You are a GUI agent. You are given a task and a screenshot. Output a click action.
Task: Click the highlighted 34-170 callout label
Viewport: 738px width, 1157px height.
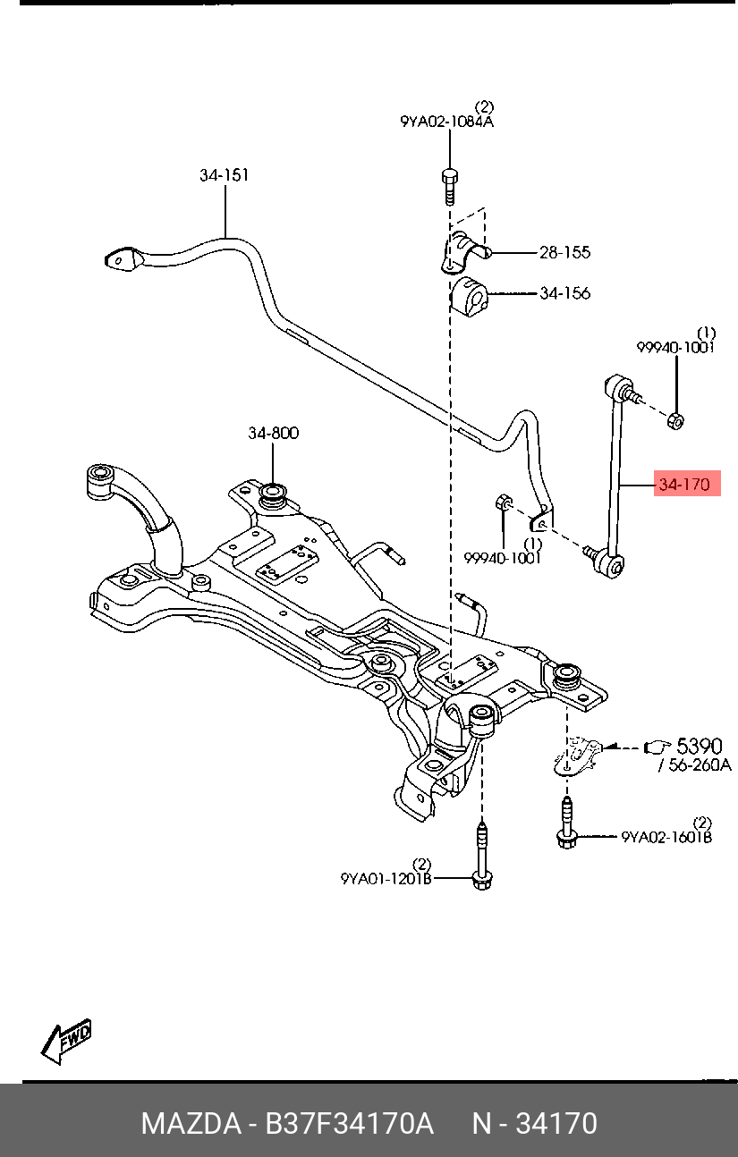(686, 484)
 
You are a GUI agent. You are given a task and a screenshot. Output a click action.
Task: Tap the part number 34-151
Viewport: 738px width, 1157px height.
(225, 175)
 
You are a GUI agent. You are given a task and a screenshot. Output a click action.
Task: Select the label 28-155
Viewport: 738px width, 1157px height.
(564, 252)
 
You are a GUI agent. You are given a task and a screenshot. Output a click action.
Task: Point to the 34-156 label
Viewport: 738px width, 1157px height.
(564, 293)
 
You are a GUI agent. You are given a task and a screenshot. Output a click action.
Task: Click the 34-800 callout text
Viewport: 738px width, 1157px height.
(274, 433)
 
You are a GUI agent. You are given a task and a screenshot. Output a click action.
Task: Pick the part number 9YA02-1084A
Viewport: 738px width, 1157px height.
(447, 122)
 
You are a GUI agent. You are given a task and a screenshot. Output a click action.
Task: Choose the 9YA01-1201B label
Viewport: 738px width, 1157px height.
(386, 878)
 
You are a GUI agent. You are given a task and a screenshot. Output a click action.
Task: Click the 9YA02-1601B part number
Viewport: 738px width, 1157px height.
(666, 837)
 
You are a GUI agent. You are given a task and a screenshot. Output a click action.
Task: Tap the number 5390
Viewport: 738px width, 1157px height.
(700, 746)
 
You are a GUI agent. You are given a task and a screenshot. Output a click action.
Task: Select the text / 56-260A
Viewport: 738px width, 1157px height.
(694, 765)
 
